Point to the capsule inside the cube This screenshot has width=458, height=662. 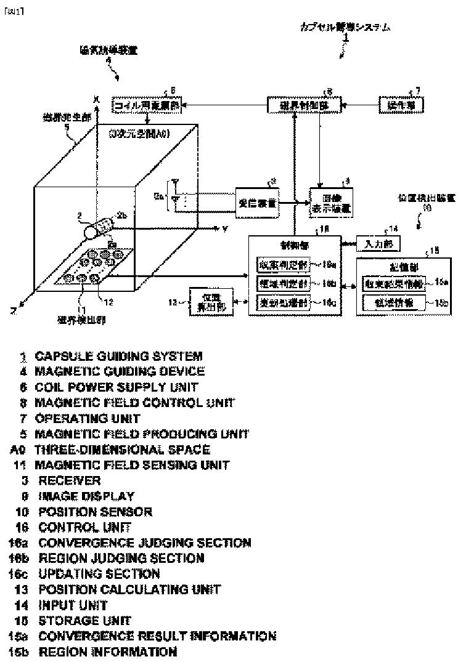tap(99, 230)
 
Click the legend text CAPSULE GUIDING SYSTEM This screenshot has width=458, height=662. tap(118, 356)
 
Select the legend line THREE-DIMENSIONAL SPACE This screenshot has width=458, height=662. tap(122, 450)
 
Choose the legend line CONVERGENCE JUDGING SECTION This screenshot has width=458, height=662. tap(144, 543)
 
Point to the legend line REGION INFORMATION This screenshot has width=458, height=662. tap(108, 652)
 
